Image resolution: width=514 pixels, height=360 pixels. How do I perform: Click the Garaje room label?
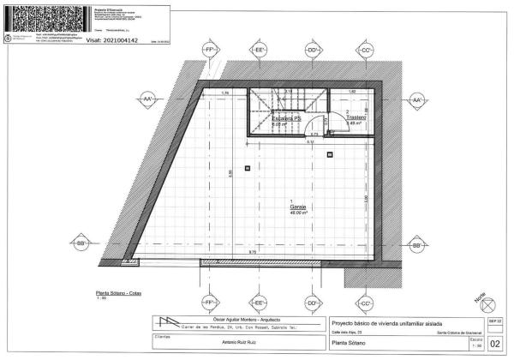[297, 207]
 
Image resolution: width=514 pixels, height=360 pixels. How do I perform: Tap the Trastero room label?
[356, 117]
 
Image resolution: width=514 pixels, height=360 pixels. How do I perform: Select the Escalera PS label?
[285, 118]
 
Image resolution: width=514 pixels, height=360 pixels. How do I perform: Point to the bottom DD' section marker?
[313, 303]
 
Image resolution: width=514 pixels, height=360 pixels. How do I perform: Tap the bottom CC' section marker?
[366, 303]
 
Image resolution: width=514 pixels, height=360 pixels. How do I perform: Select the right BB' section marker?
[417, 245]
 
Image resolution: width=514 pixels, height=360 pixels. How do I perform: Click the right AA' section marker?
[417, 100]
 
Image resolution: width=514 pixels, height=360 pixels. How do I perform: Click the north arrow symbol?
[488, 303]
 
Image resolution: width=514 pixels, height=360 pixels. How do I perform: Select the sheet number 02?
[493, 345]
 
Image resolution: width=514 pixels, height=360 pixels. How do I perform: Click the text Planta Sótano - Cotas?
[120, 294]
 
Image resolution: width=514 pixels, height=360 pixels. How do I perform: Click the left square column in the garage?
[247, 168]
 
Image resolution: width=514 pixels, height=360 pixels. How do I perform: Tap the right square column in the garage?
[331, 155]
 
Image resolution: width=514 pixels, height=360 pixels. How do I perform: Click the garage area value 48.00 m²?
[298, 213]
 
